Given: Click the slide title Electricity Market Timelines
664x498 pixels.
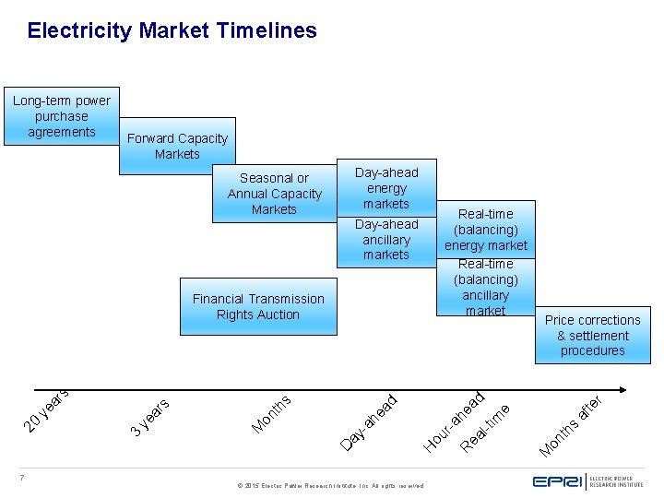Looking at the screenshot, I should coord(172,30).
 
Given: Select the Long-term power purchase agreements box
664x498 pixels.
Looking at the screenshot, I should coord(61,116).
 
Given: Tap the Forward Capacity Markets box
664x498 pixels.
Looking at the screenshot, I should coord(177,146).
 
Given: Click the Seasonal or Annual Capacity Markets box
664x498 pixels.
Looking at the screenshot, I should coord(274,194).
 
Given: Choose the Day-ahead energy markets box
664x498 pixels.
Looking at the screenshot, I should coord(386,188).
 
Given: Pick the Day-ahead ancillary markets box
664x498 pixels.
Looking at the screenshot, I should coord(386,240).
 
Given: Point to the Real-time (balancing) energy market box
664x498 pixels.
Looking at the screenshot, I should coord(486,230).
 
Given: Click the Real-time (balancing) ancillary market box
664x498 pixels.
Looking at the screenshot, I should coord(486,287).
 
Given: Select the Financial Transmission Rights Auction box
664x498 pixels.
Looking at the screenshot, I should coord(258,306).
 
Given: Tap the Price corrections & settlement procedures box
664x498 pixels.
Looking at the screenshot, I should coord(592,335).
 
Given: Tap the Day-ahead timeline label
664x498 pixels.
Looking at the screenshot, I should coord(369,421).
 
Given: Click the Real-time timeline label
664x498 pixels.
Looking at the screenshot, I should coord(486,427).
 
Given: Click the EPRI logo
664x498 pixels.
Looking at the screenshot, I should coord(587,480).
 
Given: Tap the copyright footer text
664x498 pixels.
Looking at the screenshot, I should coord(330,484).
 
